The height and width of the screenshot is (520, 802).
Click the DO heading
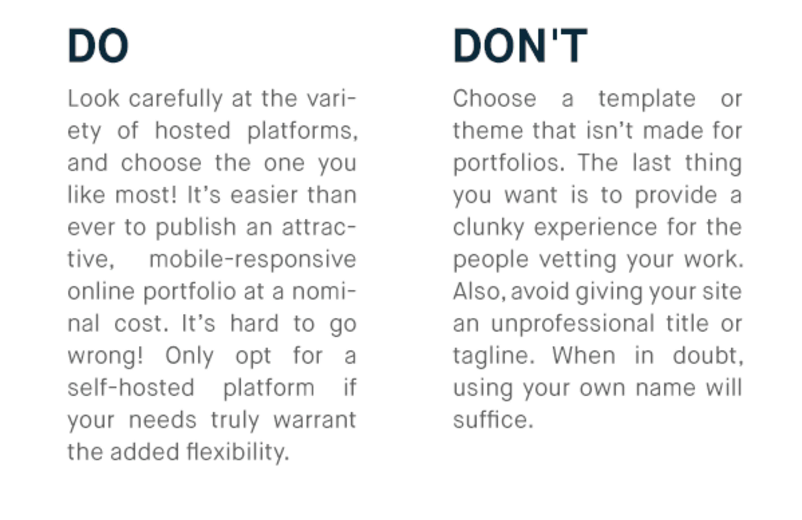click(x=98, y=46)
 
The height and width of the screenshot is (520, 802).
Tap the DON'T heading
click(x=520, y=46)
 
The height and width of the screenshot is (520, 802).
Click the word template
click(x=647, y=99)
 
